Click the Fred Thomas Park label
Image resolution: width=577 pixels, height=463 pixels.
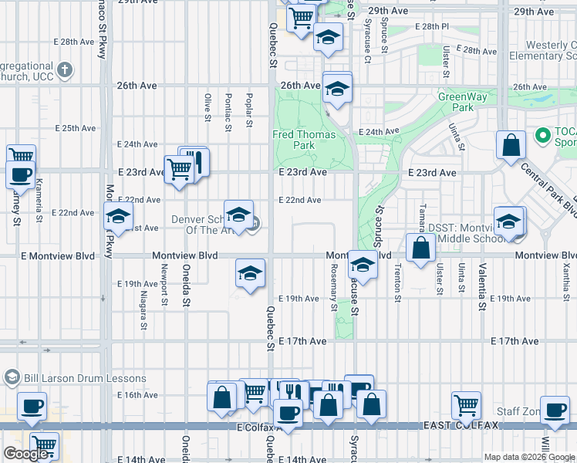[x=304, y=140]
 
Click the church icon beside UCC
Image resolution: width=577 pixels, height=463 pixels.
[x=65, y=71]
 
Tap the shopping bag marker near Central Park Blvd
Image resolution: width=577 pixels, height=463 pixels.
[x=511, y=145]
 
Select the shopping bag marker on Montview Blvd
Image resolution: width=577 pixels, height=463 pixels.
[x=420, y=249]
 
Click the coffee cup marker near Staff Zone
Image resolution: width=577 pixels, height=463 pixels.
[x=555, y=410]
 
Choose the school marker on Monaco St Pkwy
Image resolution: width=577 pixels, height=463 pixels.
[x=118, y=217]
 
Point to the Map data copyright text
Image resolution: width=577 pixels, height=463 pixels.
[x=529, y=457]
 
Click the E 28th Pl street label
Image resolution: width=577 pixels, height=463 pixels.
[x=430, y=26]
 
